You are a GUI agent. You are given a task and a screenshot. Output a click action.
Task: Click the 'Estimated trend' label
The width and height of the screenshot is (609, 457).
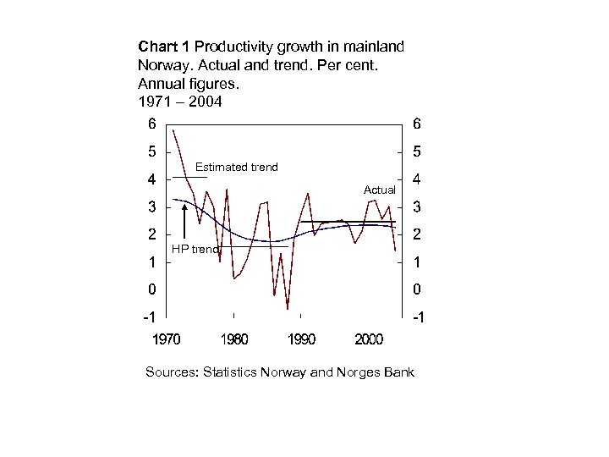236,167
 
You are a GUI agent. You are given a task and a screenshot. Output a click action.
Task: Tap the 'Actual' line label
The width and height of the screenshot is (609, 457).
379,190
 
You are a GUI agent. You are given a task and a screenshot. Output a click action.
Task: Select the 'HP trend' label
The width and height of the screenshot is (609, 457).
195,249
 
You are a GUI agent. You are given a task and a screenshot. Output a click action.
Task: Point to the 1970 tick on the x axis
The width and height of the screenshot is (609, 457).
166,340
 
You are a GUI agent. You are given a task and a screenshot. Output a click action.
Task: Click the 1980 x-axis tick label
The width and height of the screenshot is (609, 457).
234,340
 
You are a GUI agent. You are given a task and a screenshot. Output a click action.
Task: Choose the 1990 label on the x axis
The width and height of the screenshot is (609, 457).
302,340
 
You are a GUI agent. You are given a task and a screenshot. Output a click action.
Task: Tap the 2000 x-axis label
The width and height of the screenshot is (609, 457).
368,340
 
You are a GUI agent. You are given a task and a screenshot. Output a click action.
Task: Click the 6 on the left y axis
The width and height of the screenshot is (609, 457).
151,124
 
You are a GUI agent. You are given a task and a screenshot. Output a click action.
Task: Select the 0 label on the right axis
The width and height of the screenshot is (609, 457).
415,290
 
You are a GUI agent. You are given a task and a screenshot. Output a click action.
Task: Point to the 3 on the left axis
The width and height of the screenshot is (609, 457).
151,207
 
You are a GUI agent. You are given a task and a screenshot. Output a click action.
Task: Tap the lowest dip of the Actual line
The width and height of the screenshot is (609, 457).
288,308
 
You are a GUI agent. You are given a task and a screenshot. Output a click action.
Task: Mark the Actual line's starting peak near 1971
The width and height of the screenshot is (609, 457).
173,129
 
